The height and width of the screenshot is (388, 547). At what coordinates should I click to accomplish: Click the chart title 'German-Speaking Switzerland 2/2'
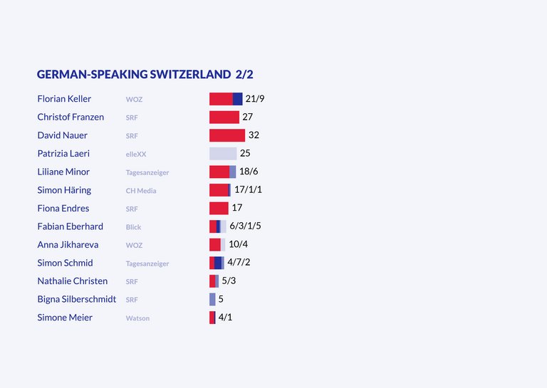145,74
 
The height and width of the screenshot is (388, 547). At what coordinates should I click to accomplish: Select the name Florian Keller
64,99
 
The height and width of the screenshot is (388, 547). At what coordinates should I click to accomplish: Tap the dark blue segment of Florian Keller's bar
238,99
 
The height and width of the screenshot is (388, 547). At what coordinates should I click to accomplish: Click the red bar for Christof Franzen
224,117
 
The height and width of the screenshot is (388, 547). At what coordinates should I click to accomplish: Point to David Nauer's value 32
254,135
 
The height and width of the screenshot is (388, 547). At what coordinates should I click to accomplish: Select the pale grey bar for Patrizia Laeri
223,153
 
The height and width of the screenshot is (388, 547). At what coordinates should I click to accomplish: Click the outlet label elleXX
136,154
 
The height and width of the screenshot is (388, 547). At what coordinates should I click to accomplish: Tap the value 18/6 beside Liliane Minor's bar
249,171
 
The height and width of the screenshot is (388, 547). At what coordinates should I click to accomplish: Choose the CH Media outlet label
141,191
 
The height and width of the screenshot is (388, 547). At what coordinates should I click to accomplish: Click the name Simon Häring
64,190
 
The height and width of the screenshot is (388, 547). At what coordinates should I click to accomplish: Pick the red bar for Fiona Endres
219,208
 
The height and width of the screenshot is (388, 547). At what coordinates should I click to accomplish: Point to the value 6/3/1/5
245,226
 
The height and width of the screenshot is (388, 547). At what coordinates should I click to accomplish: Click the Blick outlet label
134,227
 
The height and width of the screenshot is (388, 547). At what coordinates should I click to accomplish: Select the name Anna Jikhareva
68,245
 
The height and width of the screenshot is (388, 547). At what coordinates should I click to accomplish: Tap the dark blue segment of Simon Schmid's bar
218,263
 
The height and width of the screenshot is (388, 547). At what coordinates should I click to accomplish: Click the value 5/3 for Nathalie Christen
229,280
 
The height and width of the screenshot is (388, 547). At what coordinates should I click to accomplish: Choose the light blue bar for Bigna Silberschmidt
212,300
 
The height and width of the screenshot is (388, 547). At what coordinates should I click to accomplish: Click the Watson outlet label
137,318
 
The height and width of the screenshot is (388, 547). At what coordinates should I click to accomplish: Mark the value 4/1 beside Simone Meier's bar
225,317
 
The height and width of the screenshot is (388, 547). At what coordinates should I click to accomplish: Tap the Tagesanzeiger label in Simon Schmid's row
147,263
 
